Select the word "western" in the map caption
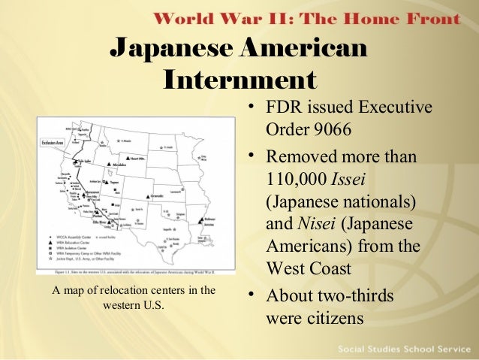coord(113,306)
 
